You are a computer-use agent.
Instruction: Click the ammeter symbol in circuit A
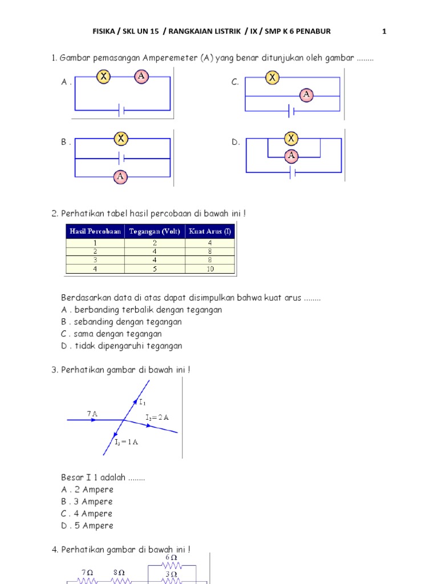142,76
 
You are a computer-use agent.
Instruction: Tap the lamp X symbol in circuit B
120,138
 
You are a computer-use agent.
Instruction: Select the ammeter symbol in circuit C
307,95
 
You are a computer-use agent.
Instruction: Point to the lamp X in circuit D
291,138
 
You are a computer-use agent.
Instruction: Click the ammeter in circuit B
120,176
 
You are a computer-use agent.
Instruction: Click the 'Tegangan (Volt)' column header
155,231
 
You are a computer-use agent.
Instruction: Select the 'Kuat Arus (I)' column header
210,231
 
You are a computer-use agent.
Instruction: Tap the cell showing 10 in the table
210,269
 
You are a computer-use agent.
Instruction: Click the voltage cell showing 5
155,269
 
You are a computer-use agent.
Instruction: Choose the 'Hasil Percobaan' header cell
95,231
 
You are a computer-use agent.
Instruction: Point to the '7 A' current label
92,413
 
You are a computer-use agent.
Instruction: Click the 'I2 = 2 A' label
157,417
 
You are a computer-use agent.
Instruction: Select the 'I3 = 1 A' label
127,443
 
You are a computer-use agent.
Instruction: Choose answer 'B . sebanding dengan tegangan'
121,322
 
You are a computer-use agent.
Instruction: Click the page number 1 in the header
384,31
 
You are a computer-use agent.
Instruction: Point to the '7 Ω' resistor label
87,572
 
